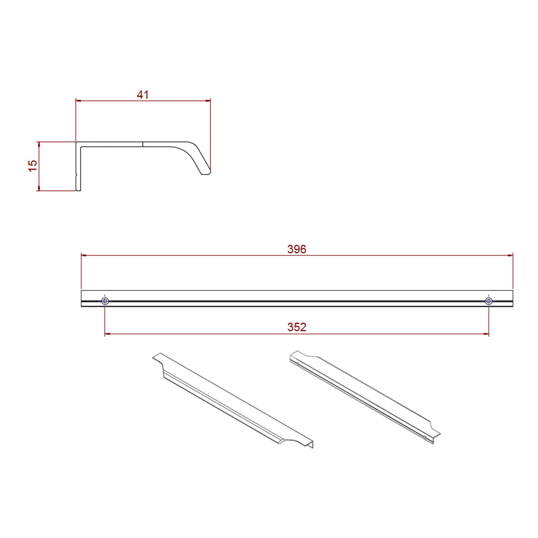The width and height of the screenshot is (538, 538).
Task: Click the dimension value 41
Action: pyautogui.click(x=143, y=95)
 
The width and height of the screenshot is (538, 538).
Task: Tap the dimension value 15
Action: pyautogui.click(x=33, y=166)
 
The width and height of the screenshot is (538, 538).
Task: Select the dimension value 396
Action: pyautogui.click(x=297, y=249)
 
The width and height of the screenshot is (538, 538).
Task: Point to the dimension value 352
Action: pyautogui.click(x=297, y=327)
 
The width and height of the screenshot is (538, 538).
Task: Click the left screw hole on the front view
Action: pyautogui.click(x=105, y=301)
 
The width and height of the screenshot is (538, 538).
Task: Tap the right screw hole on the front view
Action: pyautogui.click(x=489, y=301)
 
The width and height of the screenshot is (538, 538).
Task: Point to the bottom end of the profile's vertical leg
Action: pyautogui.click(x=78, y=190)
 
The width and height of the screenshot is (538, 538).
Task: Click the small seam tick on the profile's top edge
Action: pyautogui.click(x=143, y=144)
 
